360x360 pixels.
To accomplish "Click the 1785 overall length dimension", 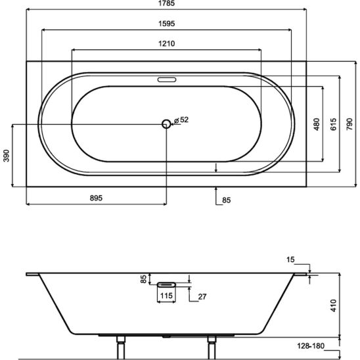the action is (x=167, y=3).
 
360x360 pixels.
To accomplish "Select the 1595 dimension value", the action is (x=167, y=24).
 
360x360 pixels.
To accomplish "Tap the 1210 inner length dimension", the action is (x=167, y=43).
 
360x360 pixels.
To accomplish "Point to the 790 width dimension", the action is (x=349, y=124).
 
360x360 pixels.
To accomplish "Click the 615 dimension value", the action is (x=333, y=124).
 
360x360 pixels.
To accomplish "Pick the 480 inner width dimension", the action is (x=317, y=124).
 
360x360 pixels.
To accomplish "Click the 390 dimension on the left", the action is (x=7, y=156).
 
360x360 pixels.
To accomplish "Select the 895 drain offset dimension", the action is (x=96, y=198).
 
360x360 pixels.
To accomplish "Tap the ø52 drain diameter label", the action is (x=181, y=120).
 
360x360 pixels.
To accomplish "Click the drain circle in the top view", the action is (x=166, y=124).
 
